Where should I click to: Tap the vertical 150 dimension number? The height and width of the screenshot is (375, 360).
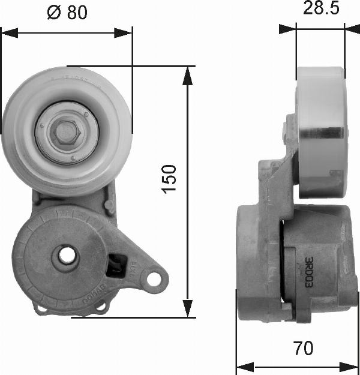(x=170, y=179)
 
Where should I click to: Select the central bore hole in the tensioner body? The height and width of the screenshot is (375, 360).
(x=66, y=257)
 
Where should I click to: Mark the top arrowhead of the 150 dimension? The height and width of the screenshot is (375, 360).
(x=188, y=73)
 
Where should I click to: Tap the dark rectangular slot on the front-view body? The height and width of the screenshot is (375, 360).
(x=115, y=265)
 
